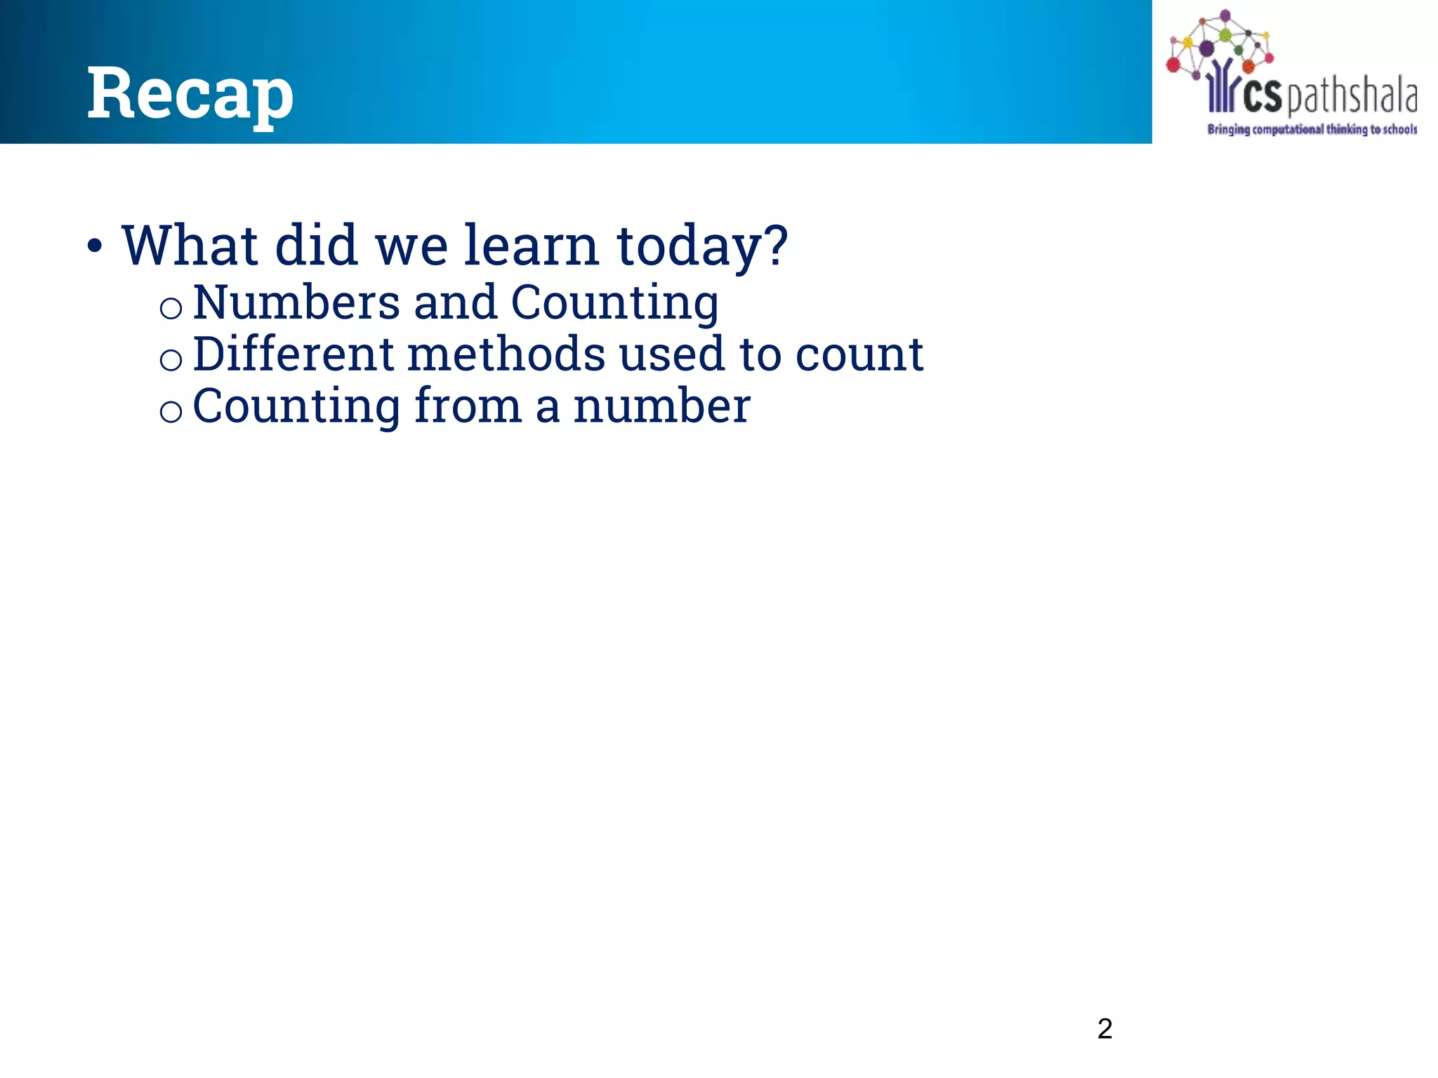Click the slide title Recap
click(190, 93)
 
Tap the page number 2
click(1104, 1029)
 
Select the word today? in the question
click(702, 247)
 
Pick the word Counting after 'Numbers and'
click(614, 304)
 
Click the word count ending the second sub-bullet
click(859, 355)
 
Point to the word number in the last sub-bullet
click(661, 407)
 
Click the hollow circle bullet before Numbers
click(171, 308)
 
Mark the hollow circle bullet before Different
click(171, 360)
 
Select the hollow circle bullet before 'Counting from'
click(171, 412)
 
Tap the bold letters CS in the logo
click(1262, 98)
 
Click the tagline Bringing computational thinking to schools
click(1312, 129)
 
